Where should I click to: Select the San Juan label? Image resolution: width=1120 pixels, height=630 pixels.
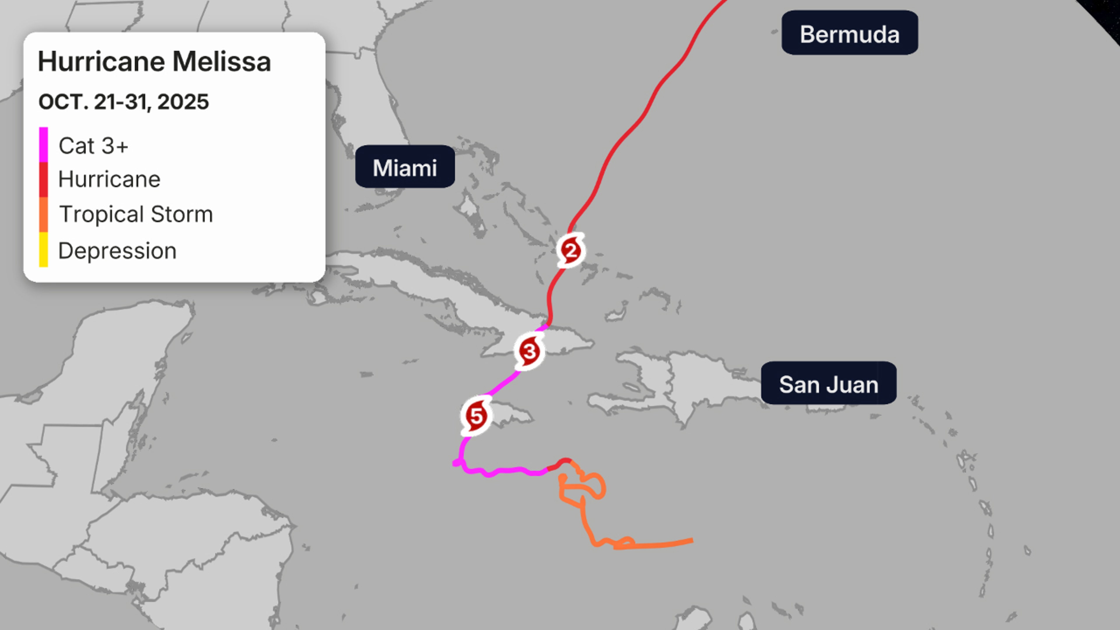tap(828, 384)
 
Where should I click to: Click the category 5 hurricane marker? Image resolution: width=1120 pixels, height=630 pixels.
tap(476, 416)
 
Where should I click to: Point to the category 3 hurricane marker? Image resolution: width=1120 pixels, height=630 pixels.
tap(529, 351)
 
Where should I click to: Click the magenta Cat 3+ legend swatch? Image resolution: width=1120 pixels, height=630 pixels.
tap(43, 145)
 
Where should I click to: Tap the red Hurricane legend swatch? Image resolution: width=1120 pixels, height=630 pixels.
tap(43, 180)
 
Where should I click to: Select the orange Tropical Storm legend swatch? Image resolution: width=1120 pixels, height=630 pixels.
tap(43, 214)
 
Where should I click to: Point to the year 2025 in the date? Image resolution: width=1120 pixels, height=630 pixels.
tap(183, 102)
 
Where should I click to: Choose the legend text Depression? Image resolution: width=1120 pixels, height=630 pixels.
tap(117, 251)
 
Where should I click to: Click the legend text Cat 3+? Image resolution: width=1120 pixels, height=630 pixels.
tap(93, 146)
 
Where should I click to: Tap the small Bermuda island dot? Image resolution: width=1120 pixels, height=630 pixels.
tap(774, 31)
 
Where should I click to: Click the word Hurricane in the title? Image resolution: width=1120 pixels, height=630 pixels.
tap(101, 62)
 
